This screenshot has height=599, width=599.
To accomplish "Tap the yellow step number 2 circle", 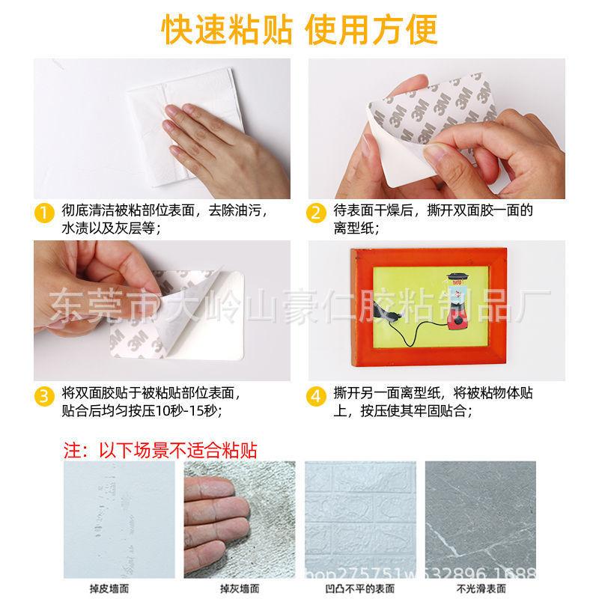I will [x=316, y=213].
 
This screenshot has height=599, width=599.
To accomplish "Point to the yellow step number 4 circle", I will [x=316, y=395].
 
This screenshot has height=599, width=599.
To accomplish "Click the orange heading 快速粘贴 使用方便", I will [x=299, y=28].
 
